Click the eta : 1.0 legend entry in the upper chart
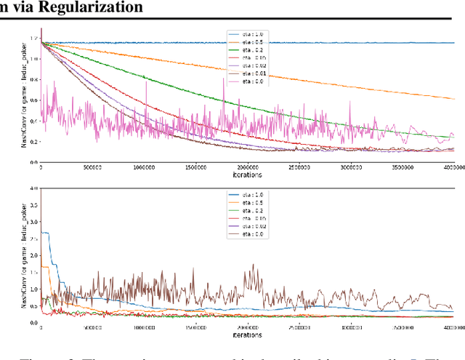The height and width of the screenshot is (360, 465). pos(247,34)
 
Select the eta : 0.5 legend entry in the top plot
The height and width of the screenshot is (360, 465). pos(247,41)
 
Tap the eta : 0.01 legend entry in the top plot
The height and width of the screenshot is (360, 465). pos(247,73)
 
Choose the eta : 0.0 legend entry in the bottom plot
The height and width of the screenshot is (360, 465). pos(247,235)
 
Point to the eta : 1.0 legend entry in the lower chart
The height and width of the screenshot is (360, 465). pos(247,196)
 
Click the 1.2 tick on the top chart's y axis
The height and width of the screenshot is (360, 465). pos(33,38)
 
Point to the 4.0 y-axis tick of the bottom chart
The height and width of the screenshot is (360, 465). pos(33,188)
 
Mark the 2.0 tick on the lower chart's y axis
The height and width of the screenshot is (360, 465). pos(33,255)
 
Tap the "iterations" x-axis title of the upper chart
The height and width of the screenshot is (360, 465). pos(247,175)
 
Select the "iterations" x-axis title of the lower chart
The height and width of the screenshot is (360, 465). pos(247,335)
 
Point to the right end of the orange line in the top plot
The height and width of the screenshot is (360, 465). pos(453,98)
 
